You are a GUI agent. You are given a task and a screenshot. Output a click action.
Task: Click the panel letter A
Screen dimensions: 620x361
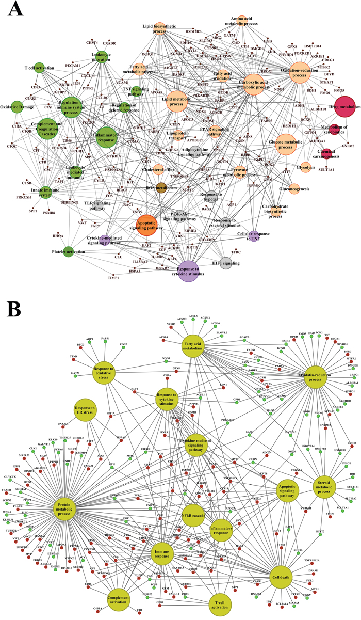click(x=15, y=9)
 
